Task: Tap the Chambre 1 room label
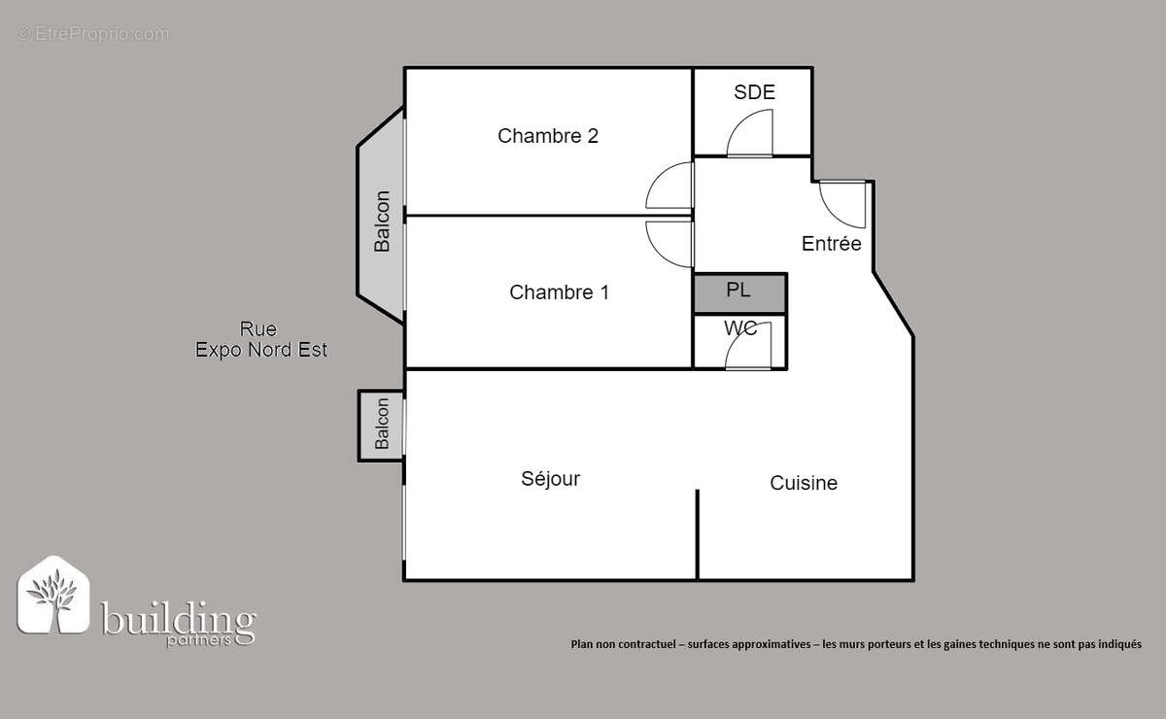tap(559, 292)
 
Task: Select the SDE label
tap(754, 92)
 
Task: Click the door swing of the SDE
tap(750, 134)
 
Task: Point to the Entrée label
tap(831, 244)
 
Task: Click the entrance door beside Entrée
tap(840, 202)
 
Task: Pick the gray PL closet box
tap(739, 292)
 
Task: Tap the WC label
tap(740, 328)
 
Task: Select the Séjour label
tap(550, 479)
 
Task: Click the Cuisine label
tap(804, 483)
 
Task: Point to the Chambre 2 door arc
tap(671, 185)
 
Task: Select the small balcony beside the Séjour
tap(381, 425)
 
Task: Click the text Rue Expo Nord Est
tap(260, 341)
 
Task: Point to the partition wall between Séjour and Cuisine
tap(698, 534)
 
